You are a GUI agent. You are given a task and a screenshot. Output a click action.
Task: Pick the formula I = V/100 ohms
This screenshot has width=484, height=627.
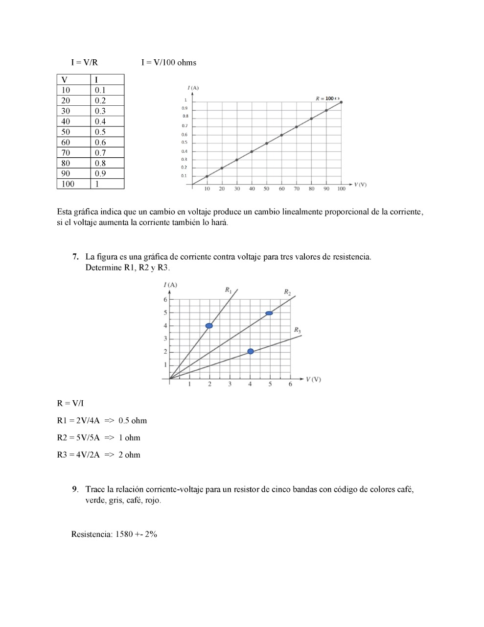point(169,62)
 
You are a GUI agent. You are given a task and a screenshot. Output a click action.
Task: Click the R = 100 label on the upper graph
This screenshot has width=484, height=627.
point(327,98)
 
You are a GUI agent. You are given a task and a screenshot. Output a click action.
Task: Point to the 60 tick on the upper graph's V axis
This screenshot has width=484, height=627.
point(282,189)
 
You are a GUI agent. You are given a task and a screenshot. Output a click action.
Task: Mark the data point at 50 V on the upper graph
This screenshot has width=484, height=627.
point(267,143)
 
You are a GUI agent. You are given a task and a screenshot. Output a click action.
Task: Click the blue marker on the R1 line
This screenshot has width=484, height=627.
point(209,326)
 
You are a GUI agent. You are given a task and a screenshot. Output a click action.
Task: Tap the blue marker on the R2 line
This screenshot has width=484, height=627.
point(269,313)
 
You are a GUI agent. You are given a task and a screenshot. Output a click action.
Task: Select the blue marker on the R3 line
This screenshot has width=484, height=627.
point(251,351)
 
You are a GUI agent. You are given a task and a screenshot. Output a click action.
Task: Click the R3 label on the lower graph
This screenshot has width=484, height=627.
point(297,330)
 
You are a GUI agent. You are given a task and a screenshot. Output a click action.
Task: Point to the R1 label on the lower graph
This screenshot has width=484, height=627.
point(228,290)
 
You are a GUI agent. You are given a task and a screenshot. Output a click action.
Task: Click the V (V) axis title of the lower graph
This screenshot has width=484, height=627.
point(313,380)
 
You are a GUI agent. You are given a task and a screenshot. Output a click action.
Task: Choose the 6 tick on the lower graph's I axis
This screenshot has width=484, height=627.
point(165,300)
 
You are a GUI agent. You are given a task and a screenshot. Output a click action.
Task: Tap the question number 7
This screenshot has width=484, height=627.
point(75,257)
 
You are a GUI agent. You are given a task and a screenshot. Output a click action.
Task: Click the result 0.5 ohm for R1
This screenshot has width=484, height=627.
point(133,420)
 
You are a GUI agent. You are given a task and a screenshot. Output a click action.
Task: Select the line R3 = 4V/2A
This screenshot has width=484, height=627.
point(78,455)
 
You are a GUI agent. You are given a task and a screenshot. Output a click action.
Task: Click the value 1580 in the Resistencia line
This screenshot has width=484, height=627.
point(124,534)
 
